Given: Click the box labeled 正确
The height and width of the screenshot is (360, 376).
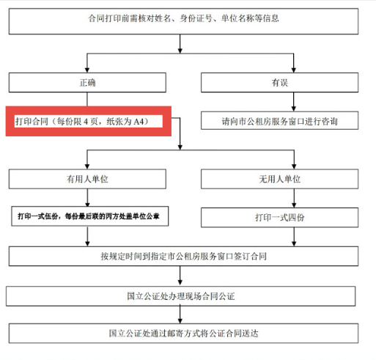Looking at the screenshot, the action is coord(87,82).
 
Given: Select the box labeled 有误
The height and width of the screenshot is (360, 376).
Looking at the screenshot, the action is coord(279,82).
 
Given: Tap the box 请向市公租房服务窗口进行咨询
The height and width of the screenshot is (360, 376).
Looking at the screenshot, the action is coord(279,120).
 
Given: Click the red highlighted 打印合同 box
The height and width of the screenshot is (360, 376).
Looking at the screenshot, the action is coord(89,121).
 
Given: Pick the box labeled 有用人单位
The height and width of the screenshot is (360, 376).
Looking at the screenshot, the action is coord(87,179).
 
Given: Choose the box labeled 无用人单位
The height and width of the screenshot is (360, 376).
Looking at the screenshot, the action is coord(279,179).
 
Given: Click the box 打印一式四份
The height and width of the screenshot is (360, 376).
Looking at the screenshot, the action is coord(279,218).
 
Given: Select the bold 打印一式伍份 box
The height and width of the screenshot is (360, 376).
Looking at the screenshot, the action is coord(89,216).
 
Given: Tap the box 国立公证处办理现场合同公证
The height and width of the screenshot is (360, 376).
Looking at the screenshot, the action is coord(180,296).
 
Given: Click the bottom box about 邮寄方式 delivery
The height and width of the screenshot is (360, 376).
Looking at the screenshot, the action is coord(183,334).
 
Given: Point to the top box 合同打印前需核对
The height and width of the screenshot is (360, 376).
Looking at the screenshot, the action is coord(183,21).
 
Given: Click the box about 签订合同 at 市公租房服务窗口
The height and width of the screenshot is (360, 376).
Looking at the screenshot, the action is coord(183,256).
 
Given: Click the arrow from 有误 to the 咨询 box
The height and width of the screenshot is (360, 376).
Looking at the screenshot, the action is coord(294,102).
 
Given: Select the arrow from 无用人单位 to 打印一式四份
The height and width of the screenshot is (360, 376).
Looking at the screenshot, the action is coord(294,198).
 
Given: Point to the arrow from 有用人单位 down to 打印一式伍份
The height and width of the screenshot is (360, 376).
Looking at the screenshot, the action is coord(87,198).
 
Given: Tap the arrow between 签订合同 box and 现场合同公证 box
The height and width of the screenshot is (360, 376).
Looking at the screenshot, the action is coord(180,276).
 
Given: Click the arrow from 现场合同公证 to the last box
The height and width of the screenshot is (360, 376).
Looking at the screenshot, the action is coord(180,315).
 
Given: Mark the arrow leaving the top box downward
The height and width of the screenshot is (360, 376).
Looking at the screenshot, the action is coord(180,44).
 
